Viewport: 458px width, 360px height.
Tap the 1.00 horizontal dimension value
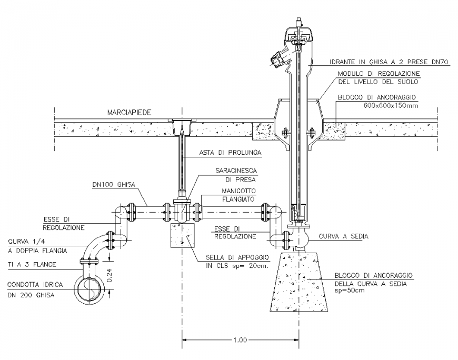coord(239,340)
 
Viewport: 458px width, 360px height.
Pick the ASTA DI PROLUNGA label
coord(230,153)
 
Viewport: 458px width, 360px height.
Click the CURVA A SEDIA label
coord(346,236)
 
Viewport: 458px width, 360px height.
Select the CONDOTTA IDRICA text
coord(35,285)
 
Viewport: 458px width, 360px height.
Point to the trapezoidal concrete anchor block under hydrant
coord(297,284)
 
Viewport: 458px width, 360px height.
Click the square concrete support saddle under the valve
coord(182,235)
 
